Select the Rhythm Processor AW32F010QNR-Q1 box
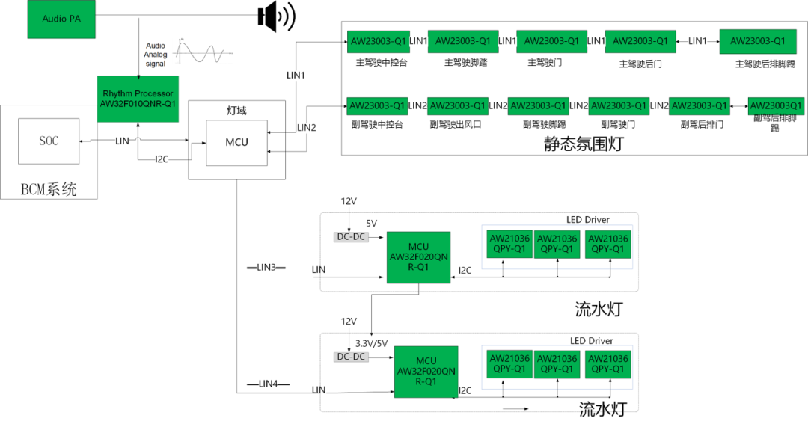[x=138, y=98]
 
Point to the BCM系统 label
[x=49, y=189]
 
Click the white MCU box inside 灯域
[x=236, y=142]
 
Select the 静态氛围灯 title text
[x=583, y=144]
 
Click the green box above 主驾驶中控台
[x=378, y=41]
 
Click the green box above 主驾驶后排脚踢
[x=757, y=40]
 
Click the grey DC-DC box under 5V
[x=350, y=237]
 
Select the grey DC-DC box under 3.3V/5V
[x=350, y=357]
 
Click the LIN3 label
[x=266, y=267]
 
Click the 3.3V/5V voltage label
[x=371, y=343]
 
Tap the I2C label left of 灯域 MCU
[x=162, y=159]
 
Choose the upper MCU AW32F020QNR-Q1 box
[x=418, y=257]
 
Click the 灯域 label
[x=236, y=111]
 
